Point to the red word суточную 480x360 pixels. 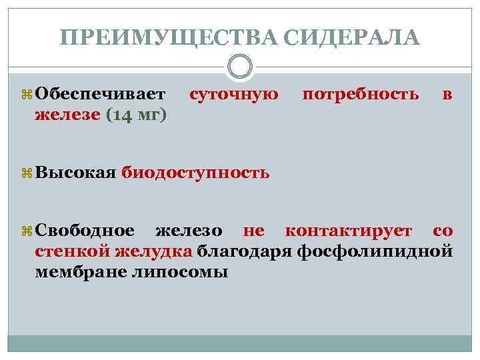tap(234, 95)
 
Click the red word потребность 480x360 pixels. tap(361, 95)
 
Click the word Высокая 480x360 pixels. tap(76, 173)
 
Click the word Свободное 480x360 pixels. tap(85, 231)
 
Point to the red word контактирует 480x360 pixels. tap(349, 231)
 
